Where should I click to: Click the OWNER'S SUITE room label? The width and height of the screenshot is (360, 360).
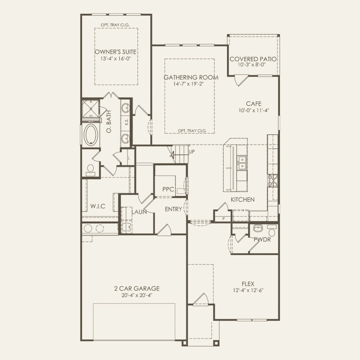point(116,52)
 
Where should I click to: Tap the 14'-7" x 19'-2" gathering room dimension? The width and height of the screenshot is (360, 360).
point(188,84)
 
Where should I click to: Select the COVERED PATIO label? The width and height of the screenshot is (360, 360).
point(253,59)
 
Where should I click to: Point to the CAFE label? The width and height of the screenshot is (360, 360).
point(254,103)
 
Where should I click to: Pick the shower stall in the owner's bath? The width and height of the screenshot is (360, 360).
point(91,108)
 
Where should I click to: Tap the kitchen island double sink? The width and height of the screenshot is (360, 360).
point(242,163)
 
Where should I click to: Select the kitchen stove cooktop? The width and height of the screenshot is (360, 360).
point(273,181)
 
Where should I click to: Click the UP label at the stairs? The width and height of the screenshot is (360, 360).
point(192,152)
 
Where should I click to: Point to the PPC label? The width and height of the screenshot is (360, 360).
point(168,189)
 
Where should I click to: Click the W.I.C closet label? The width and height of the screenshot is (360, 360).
point(98,206)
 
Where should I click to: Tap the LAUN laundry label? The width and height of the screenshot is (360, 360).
point(139,212)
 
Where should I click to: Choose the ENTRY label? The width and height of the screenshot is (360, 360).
point(173,209)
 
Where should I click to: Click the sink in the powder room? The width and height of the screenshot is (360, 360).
point(258,228)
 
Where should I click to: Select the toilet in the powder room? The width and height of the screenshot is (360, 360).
point(272,231)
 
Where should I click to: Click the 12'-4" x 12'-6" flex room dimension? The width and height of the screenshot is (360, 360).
point(248,290)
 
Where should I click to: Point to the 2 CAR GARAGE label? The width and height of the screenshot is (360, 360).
point(137,289)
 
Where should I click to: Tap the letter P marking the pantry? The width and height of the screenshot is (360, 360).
point(224,219)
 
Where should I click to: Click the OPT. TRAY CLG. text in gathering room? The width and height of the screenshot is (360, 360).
point(192,131)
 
